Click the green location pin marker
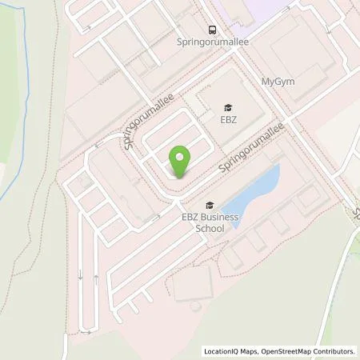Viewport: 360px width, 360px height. pyautogui.click(x=181, y=162)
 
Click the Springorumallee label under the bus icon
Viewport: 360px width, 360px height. pyautogui.click(x=211, y=44)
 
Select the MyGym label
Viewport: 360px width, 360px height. pyautogui.click(x=278, y=82)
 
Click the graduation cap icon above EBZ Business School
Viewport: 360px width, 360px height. pyautogui.click(x=210, y=204)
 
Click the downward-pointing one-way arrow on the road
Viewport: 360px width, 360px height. pyautogui.click(x=80, y=276)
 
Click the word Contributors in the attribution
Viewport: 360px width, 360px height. pyautogui.click(x=335, y=351)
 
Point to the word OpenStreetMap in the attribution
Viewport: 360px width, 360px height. pyautogui.click(x=290, y=351)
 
